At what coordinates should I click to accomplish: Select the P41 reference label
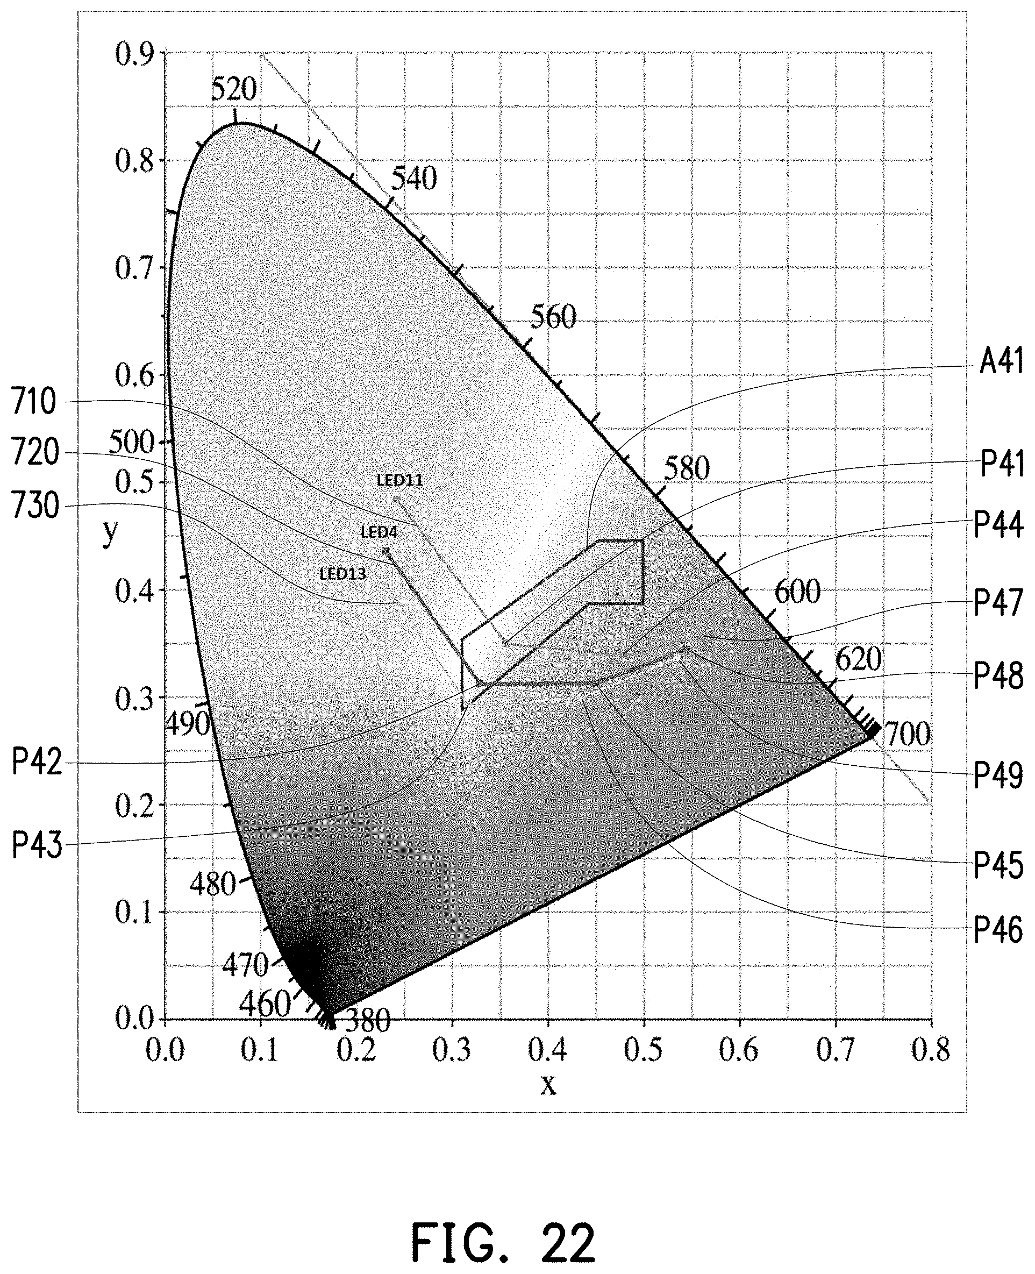(1002, 463)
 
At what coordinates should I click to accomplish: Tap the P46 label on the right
(998, 930)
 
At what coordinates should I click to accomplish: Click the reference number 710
(34, 402)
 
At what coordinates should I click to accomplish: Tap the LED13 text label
(343, 574)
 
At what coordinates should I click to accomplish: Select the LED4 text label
(379, 532)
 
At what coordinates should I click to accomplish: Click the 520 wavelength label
(234, 90)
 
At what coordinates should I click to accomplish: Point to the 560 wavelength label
(553, 317)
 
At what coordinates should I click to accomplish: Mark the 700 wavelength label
(906, 735)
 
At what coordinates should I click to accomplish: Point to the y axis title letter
(110, 532)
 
